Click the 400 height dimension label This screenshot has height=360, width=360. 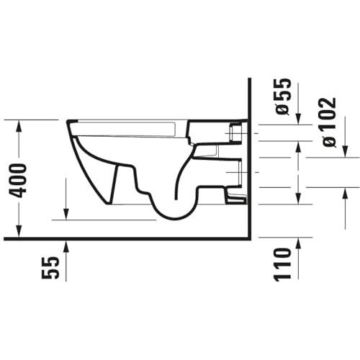pyautogui.click(x=17, y=181)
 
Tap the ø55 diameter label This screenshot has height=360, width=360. pyautogui.click(x=283, y=96)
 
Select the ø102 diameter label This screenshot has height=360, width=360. pyautogui.click(x=329, y=122)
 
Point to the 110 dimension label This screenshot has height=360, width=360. pyautogui.click(x=283, y=264)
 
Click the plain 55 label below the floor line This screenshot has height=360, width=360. pyautogui.click(x=50, y=268)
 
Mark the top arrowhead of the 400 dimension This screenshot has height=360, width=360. pyautogui.click(x=19, y=125)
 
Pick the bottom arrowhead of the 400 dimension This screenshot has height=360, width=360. pyautogui.click(x=19, y=231)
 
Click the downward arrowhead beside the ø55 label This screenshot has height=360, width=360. pyautogui.click(x=298, y=119)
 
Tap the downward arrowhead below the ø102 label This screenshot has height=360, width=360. pyautogui.click(x=345, y=152)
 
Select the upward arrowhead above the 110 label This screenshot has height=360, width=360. pyautogui.click(x=298, y=243)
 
